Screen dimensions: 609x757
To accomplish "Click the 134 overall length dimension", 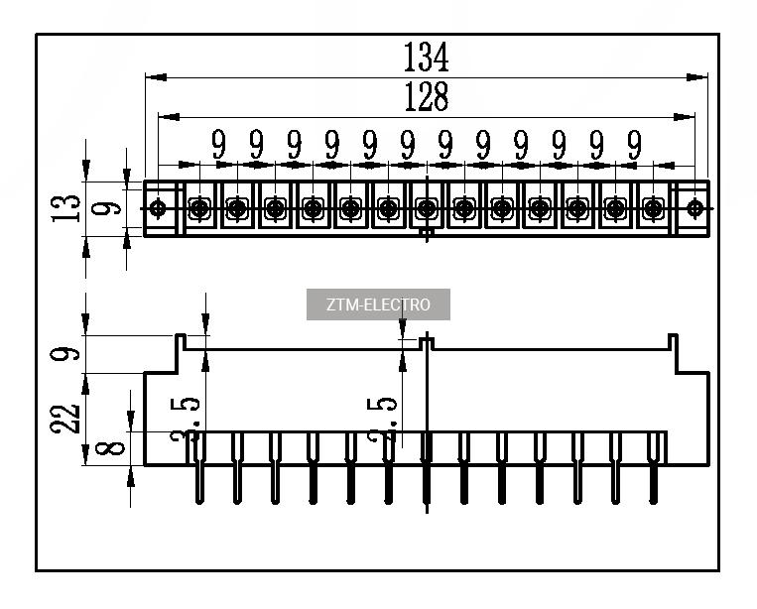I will (x=426, y=58).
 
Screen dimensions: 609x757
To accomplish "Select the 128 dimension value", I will (x=426, y=97).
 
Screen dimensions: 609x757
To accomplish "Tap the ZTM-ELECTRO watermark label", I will (x=378, y=304).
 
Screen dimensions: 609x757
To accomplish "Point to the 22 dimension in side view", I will (x=67, y=418).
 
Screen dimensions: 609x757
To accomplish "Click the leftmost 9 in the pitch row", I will (x=218, y=145).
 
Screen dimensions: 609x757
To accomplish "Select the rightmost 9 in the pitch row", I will (x=634, y=145).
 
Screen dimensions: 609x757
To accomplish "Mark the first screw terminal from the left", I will (x=198, y=208).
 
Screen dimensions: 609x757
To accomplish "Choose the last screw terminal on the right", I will (x=653, y=208).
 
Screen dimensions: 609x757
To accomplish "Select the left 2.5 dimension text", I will (x=189, y=421).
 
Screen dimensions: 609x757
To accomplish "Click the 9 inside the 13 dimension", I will (x=111, y=207).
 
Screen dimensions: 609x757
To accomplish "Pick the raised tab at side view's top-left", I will (x=183, y=342).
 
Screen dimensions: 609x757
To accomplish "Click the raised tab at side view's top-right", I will (x=672, y=342).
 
